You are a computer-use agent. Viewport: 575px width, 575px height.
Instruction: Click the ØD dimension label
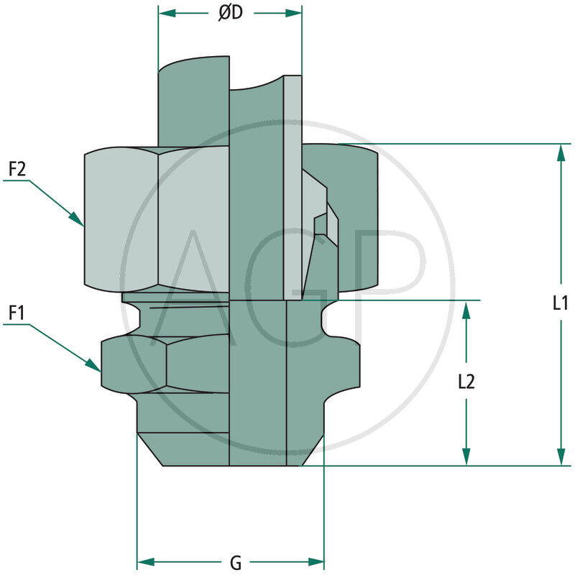[230, 14]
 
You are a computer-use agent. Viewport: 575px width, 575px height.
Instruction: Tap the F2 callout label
[17, 170]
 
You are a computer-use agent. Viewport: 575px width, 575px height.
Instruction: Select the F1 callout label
[17, 313]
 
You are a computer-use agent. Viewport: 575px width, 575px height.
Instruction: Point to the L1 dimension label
[561, 303]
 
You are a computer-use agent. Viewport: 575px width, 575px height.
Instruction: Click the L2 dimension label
[466, 382]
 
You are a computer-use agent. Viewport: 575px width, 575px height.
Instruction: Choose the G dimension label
[235, 562]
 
